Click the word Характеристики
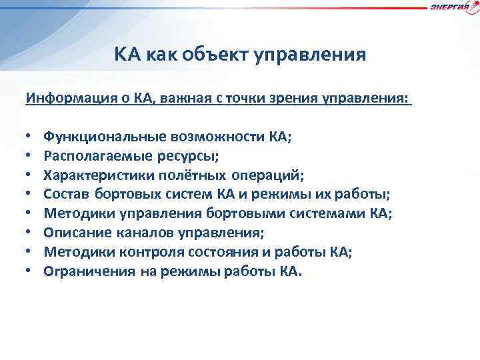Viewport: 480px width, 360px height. [98, 175]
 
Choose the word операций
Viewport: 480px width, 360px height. [269, 175]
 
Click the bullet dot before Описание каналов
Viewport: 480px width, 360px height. [29, 233]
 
